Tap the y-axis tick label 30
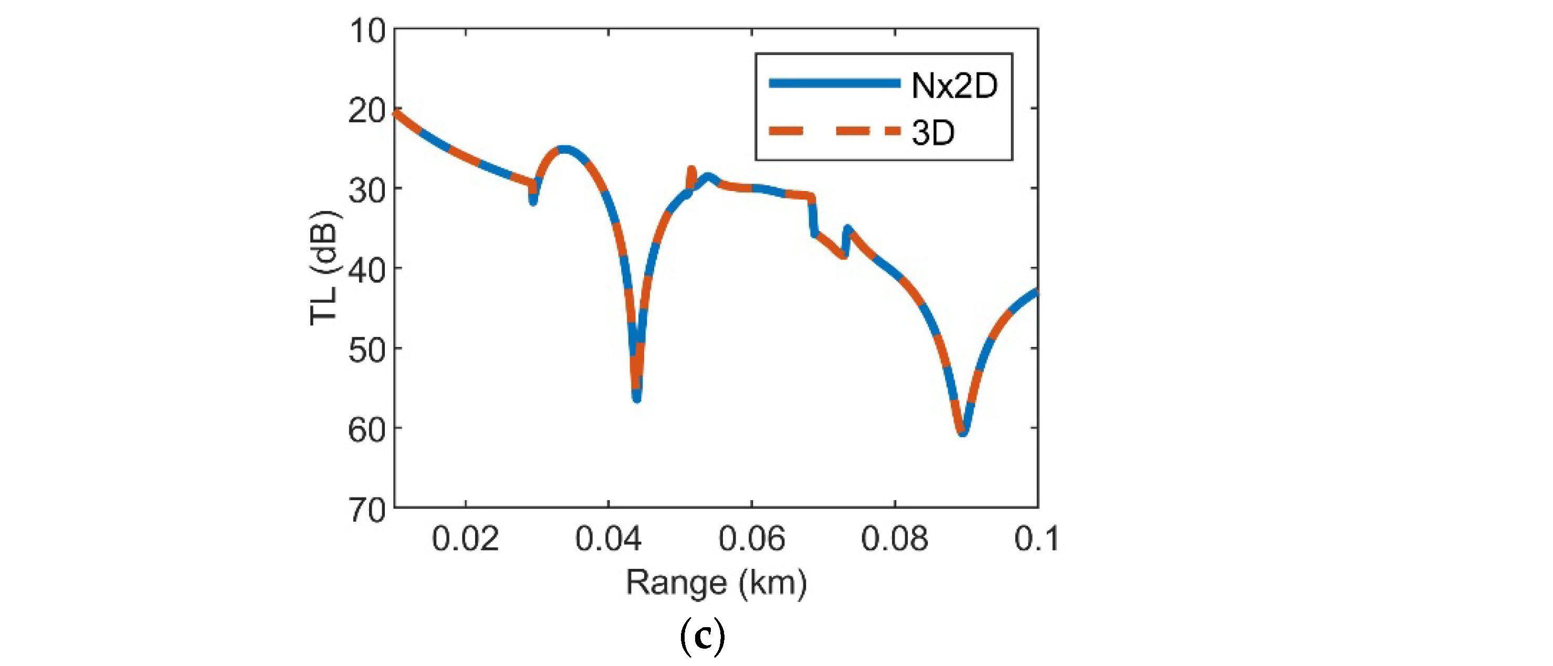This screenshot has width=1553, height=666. pyautogui.click(x=366, y=191)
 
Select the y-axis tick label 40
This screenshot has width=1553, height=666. pyautogui.click(x=366, y=271)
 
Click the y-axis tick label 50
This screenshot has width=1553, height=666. pyautogui.click(x=366, y=351)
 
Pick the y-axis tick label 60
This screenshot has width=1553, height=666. pyautogui.click(x=366, y=430)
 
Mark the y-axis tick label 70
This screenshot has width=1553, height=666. pyautogui.click(x=366, y=511)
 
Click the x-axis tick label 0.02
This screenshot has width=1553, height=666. pyautogui.click(x=465, y=538)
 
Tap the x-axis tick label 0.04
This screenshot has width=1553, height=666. pyautogui.click(x=608, y=538)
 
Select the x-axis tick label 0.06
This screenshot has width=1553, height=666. pyautogui.click(x=752, y=538)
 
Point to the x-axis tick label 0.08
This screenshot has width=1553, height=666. pyautogui.click(x=895, y=538)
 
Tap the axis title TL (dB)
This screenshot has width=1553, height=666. pyautogui.click(x=324, y=268)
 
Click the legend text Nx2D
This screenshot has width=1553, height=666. pyautogui.click(x=954, y=86)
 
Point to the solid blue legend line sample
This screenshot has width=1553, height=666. pyautogui.click(x=834, y=84)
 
